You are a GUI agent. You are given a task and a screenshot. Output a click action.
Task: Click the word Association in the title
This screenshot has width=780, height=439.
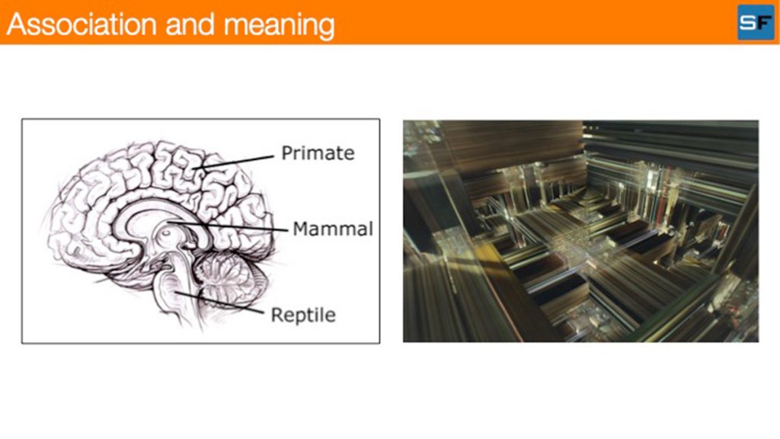click(82, 24)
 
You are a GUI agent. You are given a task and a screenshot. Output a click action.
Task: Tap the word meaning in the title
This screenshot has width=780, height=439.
click(279, 26)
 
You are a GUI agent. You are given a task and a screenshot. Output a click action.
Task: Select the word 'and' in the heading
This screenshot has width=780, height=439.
click(190, 24)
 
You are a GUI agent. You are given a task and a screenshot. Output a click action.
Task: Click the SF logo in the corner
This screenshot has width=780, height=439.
click(756, 22)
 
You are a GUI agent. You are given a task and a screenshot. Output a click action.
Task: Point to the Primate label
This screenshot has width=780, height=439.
click(318, 152)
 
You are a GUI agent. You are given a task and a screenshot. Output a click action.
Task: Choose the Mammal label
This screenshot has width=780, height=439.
click(333, 229)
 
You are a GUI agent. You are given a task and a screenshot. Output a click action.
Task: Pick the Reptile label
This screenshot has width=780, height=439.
click(303, 315)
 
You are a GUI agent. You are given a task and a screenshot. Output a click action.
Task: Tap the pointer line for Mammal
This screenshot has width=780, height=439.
click(228, 226)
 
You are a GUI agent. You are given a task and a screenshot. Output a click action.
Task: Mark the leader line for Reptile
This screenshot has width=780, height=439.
click(220, 303)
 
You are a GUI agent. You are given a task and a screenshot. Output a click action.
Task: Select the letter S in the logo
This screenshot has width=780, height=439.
click(747, 23)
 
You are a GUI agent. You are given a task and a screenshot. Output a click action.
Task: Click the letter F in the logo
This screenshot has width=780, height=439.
click(763, 23)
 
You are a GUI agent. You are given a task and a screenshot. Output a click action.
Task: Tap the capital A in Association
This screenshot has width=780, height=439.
click(17, 24)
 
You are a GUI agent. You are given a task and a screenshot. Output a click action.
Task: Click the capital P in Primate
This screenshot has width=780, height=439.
click(287, 152)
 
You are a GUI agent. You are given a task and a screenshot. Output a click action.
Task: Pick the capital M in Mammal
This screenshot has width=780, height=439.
click(301, 229)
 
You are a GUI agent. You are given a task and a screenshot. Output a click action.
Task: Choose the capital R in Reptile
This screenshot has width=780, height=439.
click(277, 315)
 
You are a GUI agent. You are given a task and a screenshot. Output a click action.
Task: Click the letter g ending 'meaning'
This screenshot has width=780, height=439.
click(326, 29)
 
